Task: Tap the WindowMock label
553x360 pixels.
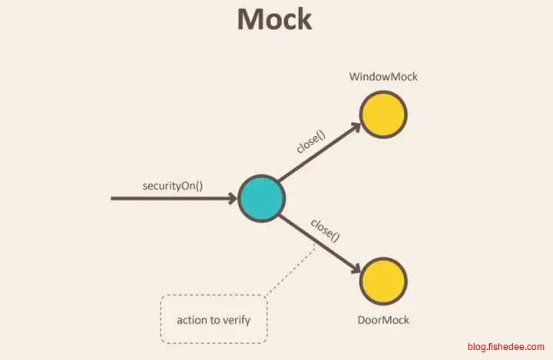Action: pos(382,78)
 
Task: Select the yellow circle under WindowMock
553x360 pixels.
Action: pos(383,115)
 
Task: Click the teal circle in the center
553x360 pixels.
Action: pos(262,199)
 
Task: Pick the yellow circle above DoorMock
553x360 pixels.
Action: pos(383,280)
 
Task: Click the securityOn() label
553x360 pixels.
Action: pos(173,186)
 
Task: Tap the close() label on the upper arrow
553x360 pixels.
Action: pos(311,142)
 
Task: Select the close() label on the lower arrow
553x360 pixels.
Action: pos(325,230)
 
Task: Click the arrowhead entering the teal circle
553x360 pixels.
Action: pos(232,199)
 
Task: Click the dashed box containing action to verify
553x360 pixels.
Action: pos(214,319)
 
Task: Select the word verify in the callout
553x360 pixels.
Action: pos(235,319)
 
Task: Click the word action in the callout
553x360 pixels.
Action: pos(191,319)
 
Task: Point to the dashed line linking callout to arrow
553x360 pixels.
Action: pos(290,270)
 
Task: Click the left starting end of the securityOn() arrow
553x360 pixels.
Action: pos(114,199)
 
